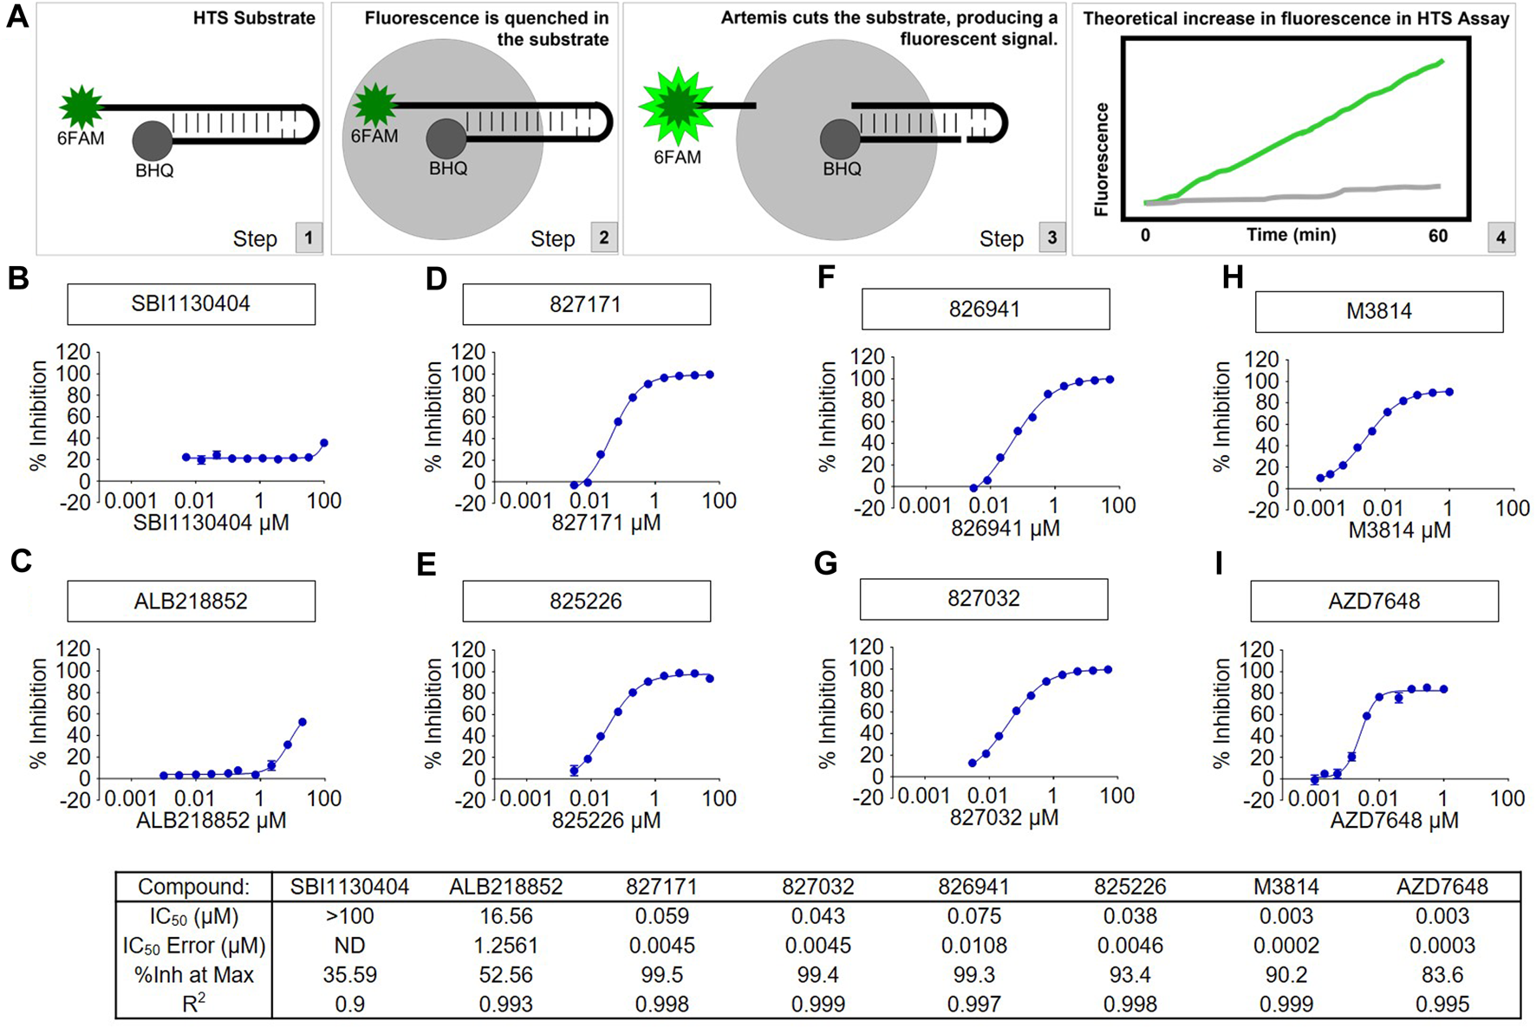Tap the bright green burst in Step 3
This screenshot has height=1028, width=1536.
pyautogui.click(x=677, y=106)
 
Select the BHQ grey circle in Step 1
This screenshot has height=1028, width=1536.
pyautogui.click(x=153, y=140)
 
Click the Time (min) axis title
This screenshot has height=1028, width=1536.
pyautogui.click(x=1291, y=235)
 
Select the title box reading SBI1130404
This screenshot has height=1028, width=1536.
pyautogui.click(x=191, y=304)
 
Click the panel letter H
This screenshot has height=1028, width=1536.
pyautogui.click(x=1232, y=277)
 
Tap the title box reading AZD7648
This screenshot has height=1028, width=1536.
pyautogui.click(x=1374, y=601)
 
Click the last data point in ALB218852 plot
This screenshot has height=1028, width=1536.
pyautogui.click(x=303, y=722)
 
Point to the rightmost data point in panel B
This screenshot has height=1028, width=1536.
pyautogui.click(x=324, y=443)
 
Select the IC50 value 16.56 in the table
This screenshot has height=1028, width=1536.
pyautogui.click(x=505, y=916)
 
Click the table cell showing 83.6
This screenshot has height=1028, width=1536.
pyautogui.click(x=1442, y=975)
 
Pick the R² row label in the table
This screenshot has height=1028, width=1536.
pyautogui.click(x=193, y=1004)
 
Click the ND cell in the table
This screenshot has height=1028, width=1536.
pyautogui.click(x=349, y=946)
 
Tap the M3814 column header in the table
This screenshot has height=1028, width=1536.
pyautogui.click(x=1285, y=887)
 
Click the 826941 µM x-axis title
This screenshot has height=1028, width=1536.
pyautogui.click(x=1005, y=528)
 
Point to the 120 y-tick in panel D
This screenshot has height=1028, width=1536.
pyautogui.click(x=468, y=352)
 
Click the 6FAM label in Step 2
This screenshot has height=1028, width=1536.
pyautogui.click(x=374, y=136)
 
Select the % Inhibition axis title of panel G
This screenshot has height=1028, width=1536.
pyautogui.click(x=827, y=712)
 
